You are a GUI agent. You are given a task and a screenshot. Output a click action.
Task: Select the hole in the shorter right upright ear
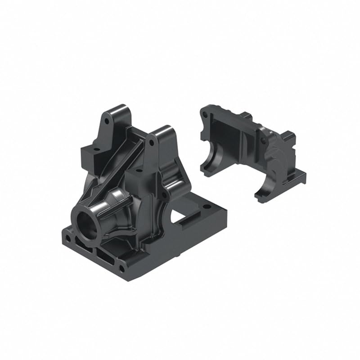[x=152, y=142]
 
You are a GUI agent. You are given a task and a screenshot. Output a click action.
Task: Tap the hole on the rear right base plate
[x=206, y=207]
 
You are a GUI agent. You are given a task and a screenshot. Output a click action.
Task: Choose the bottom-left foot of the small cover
[x=207, y=170]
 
